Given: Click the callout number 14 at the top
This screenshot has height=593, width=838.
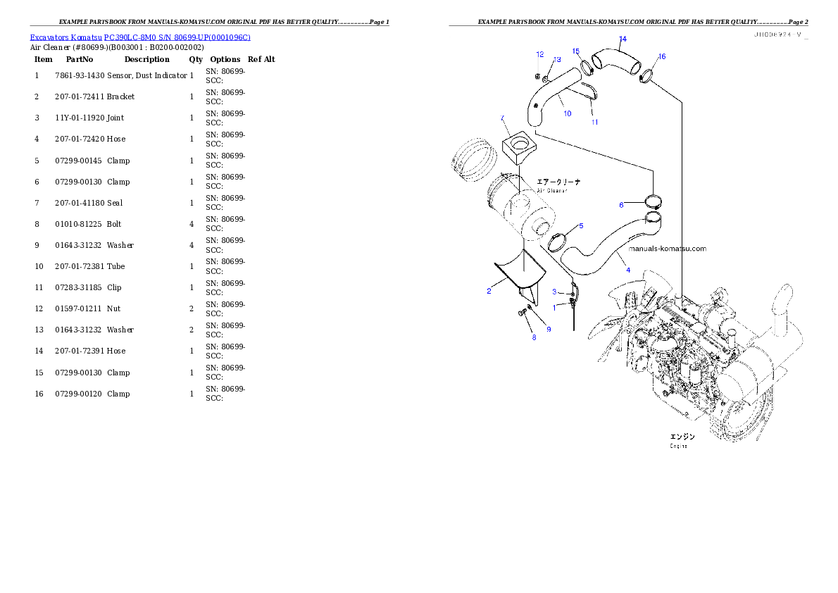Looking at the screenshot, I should tap(622, 39).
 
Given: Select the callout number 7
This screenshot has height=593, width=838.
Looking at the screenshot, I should tap(502, 118).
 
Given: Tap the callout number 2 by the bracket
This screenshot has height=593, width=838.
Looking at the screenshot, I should tap(489, 291).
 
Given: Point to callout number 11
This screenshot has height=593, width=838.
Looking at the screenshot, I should tap(594, 122).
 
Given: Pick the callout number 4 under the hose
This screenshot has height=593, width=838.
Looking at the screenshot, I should tap(627, 270).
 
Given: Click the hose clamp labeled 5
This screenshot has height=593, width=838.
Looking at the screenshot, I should tap(557, 243).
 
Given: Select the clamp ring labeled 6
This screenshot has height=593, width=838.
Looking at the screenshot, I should tap(652, 202).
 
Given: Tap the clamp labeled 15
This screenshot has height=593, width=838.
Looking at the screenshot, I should tap(585, 68).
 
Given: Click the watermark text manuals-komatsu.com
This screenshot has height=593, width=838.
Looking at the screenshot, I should tap(666, 249).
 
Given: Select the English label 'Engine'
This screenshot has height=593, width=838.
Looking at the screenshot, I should tap(678, 446).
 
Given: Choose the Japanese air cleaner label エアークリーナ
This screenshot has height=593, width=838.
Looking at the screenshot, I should tap(559, 182).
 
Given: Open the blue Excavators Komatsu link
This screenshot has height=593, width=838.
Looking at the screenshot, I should tap(140, 37).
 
